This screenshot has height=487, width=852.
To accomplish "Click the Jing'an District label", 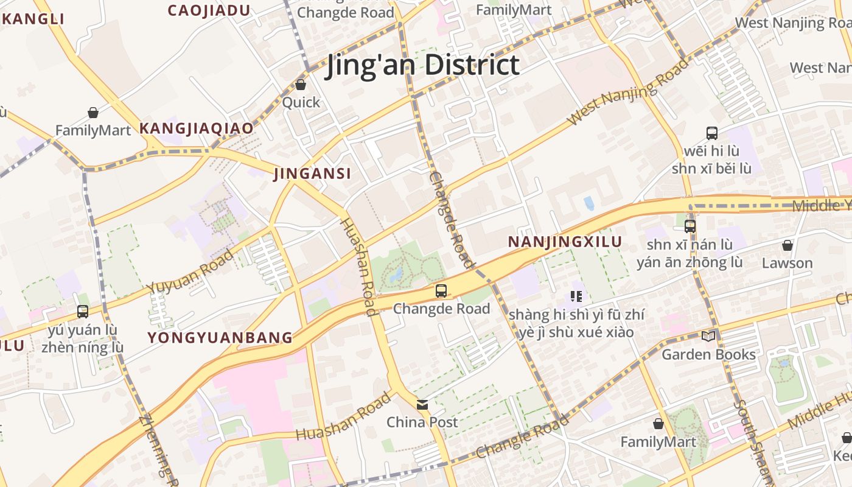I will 424,65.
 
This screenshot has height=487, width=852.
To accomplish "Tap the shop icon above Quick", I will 301,85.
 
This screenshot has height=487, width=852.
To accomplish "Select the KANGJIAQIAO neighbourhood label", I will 196,128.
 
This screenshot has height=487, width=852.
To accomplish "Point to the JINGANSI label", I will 312,173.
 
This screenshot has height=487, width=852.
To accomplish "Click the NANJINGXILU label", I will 565,242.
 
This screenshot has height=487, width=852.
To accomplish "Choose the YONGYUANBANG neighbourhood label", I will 220,338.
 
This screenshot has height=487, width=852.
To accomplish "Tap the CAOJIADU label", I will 209,10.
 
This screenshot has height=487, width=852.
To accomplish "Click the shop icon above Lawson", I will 787,245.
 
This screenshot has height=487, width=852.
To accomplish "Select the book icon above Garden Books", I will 708,336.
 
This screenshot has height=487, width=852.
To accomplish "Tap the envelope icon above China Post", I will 422,404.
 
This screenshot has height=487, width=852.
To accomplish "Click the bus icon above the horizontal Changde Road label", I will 441,291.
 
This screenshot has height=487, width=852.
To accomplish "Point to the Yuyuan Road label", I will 189,272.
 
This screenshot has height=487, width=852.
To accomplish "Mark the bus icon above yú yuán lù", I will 83,312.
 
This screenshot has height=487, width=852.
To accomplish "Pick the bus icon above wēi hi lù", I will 711,133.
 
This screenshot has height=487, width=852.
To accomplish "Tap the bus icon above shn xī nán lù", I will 690,226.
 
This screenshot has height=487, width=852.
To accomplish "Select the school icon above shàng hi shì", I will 576,297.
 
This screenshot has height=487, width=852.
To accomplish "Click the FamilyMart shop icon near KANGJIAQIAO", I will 93,113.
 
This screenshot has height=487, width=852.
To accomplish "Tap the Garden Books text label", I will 708,354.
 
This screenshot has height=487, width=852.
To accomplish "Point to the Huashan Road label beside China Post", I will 343,417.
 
